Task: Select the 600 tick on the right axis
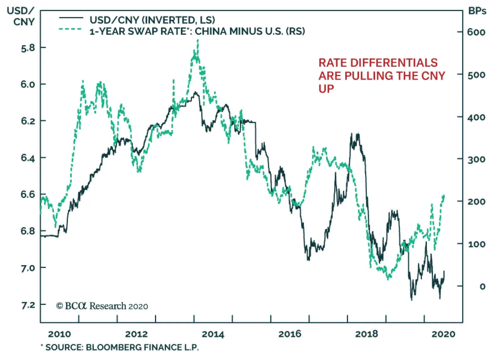(476, 32)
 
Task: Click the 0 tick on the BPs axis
(482, 286)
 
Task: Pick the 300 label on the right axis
(476, 160)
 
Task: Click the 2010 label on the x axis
(59, 334)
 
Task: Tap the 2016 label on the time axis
(290, 334)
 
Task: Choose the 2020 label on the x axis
(443, 334)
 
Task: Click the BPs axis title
(477, 11)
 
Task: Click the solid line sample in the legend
(71, 18)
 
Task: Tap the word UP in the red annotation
(326, 89)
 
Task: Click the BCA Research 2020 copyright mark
(102, 306)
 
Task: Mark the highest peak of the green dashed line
(197, 40)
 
